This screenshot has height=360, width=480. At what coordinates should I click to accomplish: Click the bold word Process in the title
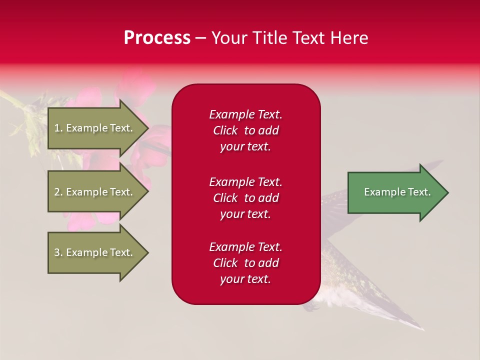(x=157, y=38)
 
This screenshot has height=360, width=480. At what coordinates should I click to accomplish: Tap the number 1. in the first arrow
(x=58, y=128)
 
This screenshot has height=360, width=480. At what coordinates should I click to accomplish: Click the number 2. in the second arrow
(x=58, y=192)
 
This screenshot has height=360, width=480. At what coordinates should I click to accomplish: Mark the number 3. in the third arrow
(x=58, y=252)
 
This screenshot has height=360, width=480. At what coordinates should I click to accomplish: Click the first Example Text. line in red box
(x=245, y=114)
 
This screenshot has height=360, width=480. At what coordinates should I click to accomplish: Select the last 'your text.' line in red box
(x=245, y=279)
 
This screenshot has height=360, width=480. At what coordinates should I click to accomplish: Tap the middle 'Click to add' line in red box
(x=245, y=198)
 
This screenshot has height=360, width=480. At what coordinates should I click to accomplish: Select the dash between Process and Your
(x=200, y=38)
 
